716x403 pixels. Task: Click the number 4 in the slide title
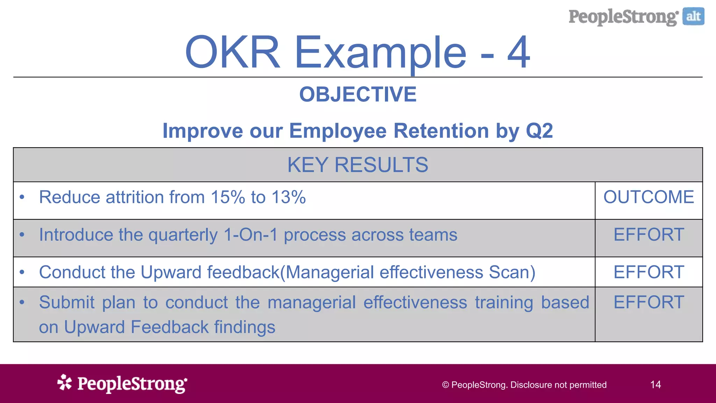click(x=519, y=52)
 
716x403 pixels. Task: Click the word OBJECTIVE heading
click(x=358, y=94)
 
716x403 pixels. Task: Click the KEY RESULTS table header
click(x=358, y=165)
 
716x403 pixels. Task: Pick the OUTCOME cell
click(x=649, y=197)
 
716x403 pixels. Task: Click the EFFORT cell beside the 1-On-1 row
click(x=649, y=235)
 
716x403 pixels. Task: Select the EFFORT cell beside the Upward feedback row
click(x=649, y=272)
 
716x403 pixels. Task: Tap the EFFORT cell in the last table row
click(x=649, y=302)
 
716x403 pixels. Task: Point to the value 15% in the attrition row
click(x=228, y=197)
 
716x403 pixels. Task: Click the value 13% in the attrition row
click(x=289, y=197)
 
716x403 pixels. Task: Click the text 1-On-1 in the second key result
click(x=250, y=235)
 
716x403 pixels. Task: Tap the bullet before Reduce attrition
click(x=22, y=197)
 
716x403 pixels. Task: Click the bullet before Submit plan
click(x=22, y=302)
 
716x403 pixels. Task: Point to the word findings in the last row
click(x=245, y=327)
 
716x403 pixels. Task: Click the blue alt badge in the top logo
click(x=693, y=16)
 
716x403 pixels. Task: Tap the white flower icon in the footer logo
click(x=64, y=382)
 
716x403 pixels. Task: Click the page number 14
click(x=656, y=385)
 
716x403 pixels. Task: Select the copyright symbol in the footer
click(x=445, y=385)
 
